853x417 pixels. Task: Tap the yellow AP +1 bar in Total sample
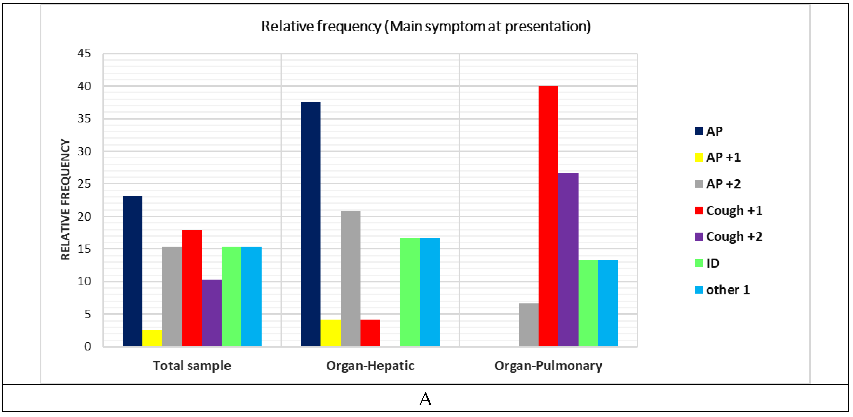(152, 338)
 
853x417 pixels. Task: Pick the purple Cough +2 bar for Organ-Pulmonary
(568, 260)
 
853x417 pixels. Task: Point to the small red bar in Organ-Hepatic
(370, 333)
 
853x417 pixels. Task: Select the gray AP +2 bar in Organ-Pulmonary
(529, 325)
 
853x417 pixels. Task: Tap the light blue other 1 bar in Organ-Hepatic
(429, 292)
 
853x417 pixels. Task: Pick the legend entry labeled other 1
(722, 290)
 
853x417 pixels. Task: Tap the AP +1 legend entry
(718, 157)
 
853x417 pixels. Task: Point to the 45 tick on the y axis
(84, 53)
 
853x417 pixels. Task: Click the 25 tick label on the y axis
(84, 184)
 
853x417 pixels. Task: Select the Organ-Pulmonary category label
(548, 366)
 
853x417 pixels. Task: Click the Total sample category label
(192, 366)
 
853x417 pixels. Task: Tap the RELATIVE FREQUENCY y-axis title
(66, 200)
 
